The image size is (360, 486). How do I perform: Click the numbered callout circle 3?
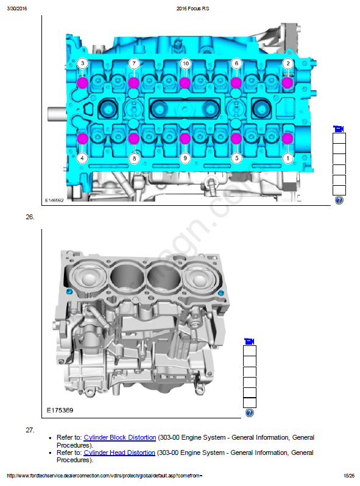82,63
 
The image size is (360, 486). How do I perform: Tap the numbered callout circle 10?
185,63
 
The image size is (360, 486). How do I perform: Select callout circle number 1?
288,158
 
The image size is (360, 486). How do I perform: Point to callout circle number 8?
134,158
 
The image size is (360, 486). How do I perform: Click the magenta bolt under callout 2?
288,83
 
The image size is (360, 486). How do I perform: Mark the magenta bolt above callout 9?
185,138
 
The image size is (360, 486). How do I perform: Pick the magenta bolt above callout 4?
82,138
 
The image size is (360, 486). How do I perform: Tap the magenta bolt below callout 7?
133,83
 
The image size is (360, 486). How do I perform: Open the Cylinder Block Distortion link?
119,437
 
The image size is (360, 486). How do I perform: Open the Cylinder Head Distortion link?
119,453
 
